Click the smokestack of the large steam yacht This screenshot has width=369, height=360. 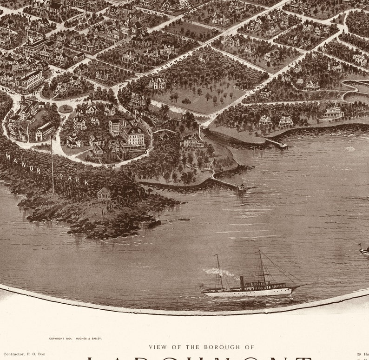(242, 281)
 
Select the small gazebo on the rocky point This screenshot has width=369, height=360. (104, 193)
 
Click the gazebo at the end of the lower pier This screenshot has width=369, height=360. (241, 187)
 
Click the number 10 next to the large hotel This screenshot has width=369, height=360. (145, 152)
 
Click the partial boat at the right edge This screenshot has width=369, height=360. (364, 251)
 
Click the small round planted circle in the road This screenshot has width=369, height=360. (66, 109)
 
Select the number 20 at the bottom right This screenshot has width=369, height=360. (359, 354)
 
